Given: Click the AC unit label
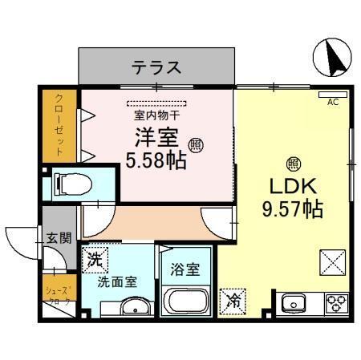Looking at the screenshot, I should click(x=333, y=103).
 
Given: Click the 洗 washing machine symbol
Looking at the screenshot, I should click(x=95, y=259).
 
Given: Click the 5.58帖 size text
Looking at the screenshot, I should click(x=156, y=159).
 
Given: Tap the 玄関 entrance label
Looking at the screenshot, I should click(x=58, y=237).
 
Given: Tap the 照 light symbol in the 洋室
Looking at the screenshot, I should click(x=196, y=144).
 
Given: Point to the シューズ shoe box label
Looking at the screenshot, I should click(x=58, y=296).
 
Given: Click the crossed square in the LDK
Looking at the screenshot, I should click(x=332, y=261).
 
